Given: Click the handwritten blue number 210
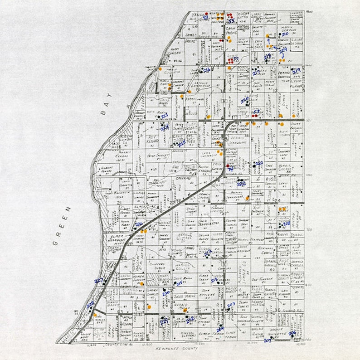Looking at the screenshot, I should point(285,34).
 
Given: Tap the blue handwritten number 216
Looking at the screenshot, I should point(207,70).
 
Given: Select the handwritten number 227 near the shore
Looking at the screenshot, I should point(98,281).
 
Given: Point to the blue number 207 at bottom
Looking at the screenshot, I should point(267,340).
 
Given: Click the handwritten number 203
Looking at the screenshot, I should point(231,304).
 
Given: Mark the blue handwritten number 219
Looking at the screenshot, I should point(297,71).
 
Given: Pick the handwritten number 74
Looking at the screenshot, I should point(231,169).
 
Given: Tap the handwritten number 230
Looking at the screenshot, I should point(166,294).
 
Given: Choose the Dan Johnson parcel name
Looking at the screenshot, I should point(262,279).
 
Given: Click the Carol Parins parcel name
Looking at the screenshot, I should point(232,33).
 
